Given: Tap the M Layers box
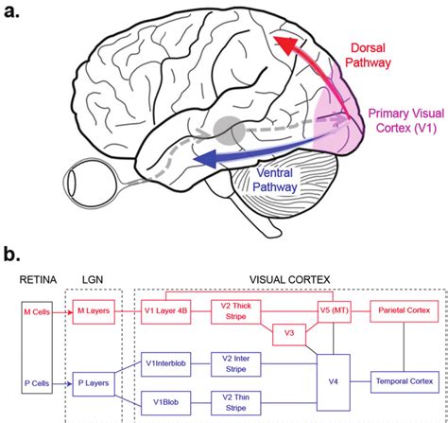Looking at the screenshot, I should click(x=92, y=309).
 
